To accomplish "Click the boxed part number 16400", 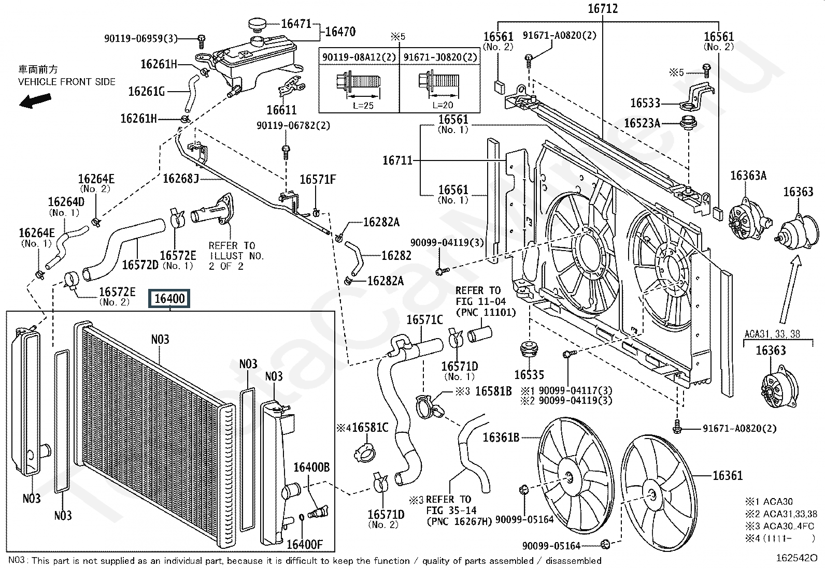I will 169,298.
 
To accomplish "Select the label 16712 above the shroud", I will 603,9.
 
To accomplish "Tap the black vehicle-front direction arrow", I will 35,100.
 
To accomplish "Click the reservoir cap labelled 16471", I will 255,24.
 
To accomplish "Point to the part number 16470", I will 340,32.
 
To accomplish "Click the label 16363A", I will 748,176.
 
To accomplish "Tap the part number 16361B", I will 501,437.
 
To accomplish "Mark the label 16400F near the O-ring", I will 304,544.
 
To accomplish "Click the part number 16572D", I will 140,265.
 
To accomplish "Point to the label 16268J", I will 181,179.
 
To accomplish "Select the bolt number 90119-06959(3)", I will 140,38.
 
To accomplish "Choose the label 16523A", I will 642,123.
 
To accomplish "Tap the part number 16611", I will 281,110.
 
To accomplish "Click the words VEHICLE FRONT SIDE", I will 67,82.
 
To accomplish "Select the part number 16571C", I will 424,320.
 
